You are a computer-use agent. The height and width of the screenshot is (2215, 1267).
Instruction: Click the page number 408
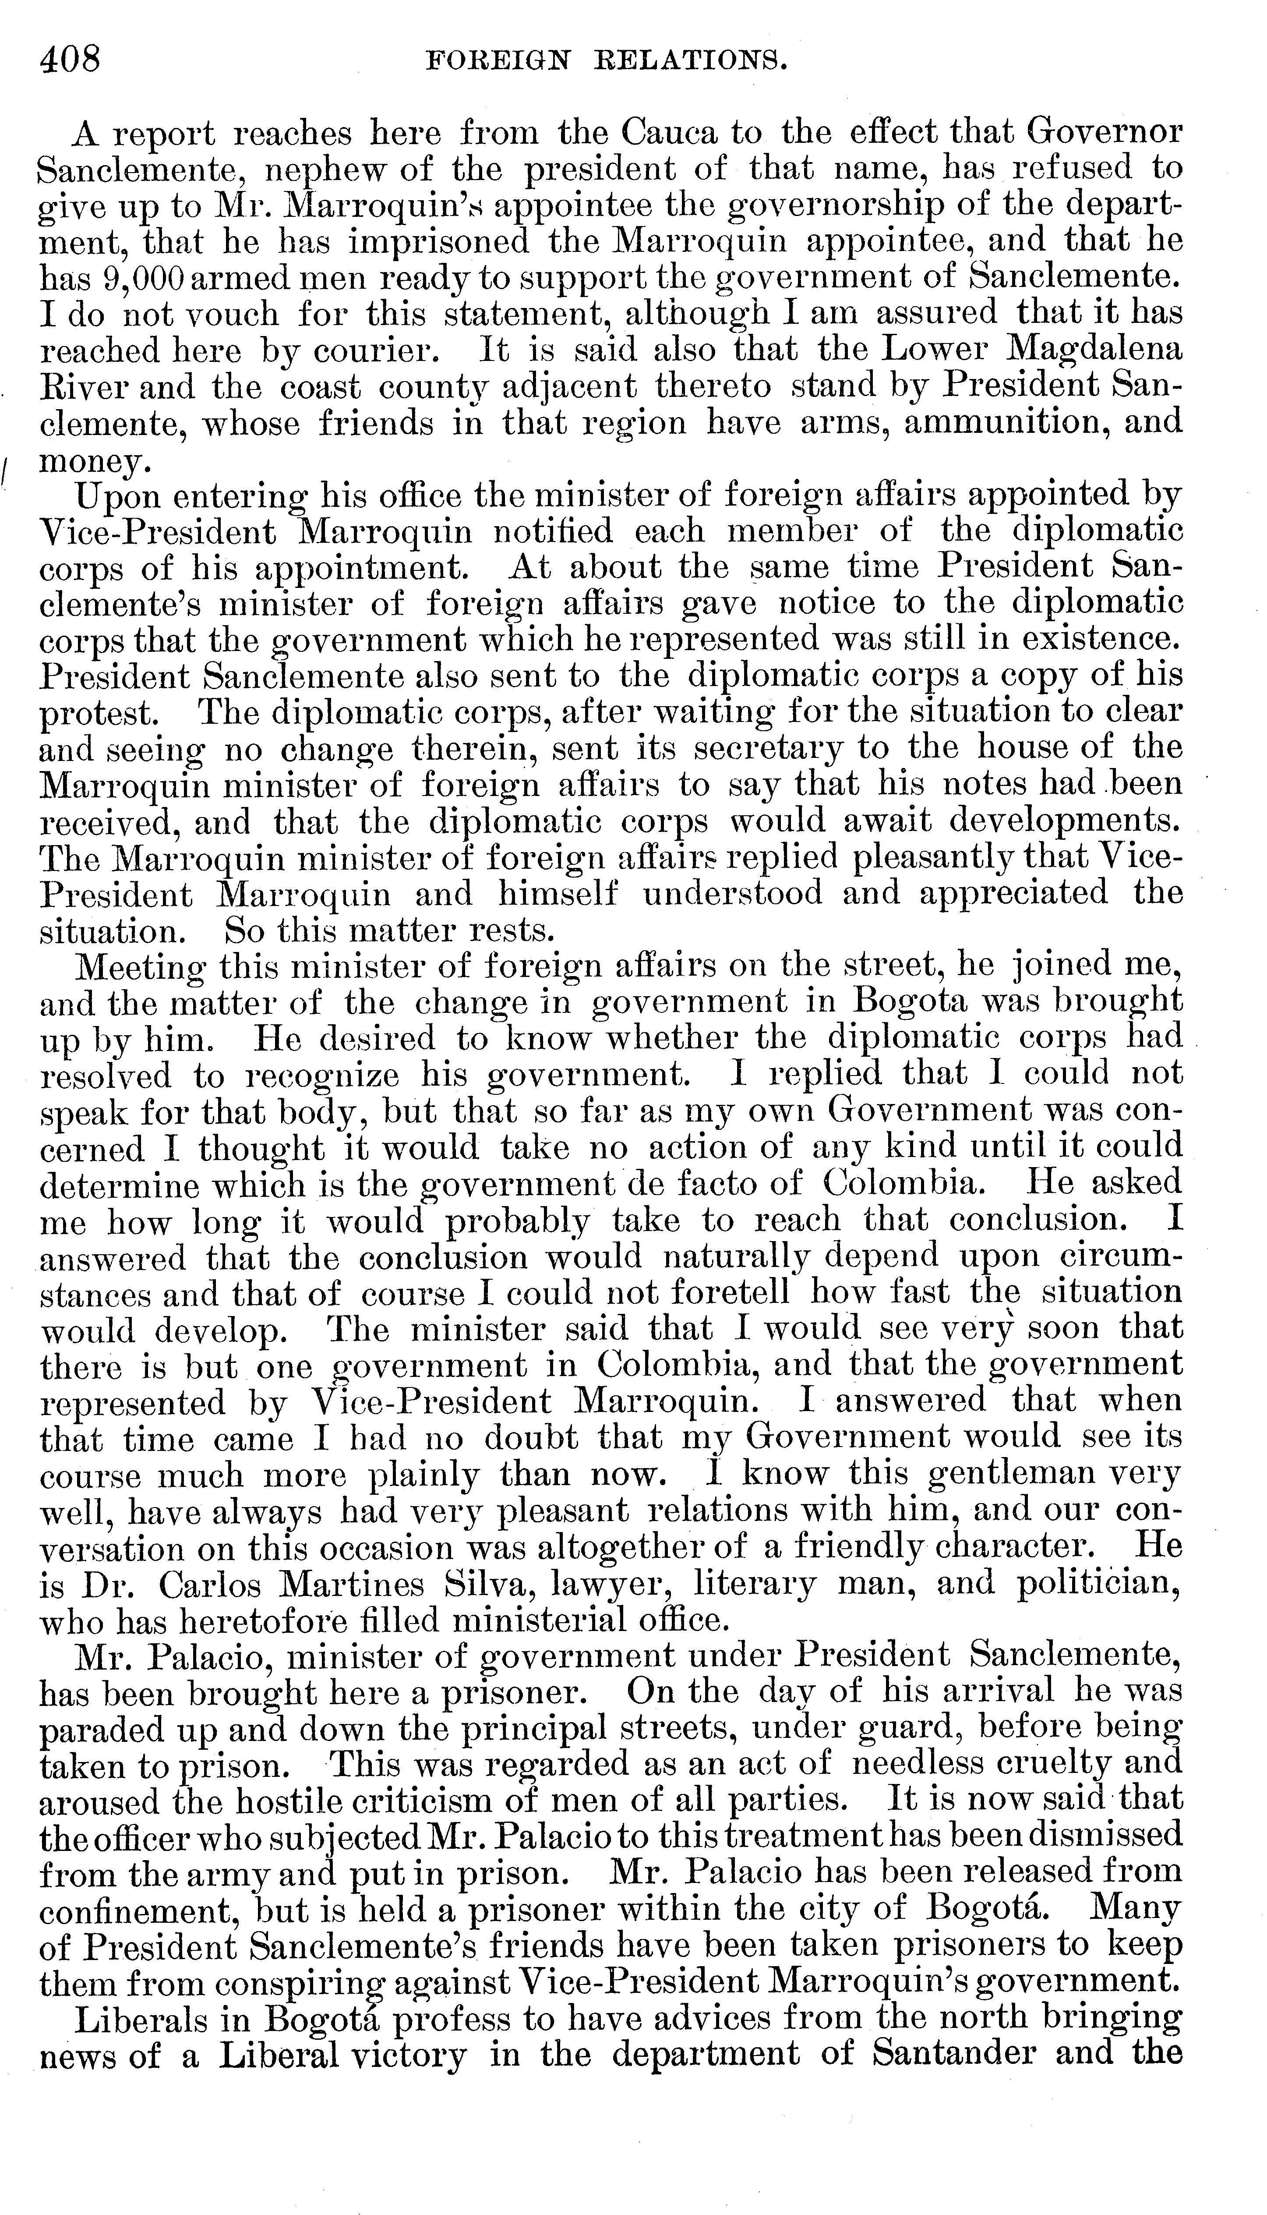pyautogui.click(x=70, y=59)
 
